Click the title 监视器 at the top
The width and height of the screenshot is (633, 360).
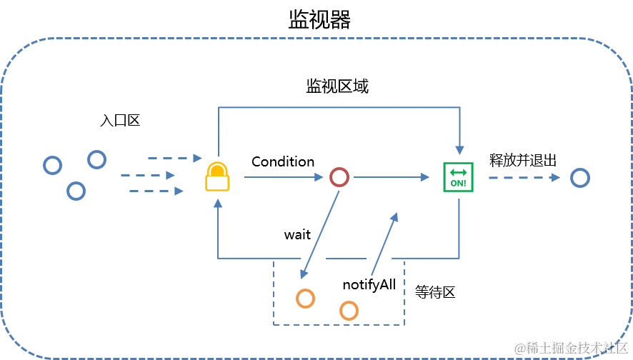(319, 20)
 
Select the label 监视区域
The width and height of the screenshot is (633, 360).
(337, 86)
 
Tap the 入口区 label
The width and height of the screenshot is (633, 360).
(120, 120)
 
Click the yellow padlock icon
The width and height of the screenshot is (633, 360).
(217, 176)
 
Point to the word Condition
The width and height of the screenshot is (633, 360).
(283, 162)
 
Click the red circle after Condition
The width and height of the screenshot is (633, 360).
(339, 169)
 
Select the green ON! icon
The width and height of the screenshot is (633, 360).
(458, 177)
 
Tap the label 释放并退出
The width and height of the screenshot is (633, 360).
(523, 160)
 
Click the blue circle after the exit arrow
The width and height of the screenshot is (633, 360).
(580, 169)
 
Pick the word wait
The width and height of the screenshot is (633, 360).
(297, 234)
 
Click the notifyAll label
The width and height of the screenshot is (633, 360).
(369, 285)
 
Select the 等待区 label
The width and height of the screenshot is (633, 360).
(435, 292)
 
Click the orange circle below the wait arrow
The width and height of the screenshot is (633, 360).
(305, 290)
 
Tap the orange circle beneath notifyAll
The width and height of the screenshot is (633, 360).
(349, 302)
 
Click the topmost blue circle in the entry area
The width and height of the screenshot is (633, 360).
(97, 151)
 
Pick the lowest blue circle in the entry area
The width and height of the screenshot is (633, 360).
(76, 182)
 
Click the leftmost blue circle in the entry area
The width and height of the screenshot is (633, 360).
(52, 156)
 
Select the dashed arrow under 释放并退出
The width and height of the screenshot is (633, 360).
(524, 178)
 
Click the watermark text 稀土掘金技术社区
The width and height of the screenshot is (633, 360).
(571, 348)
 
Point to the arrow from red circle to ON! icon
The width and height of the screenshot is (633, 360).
(392, 177)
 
